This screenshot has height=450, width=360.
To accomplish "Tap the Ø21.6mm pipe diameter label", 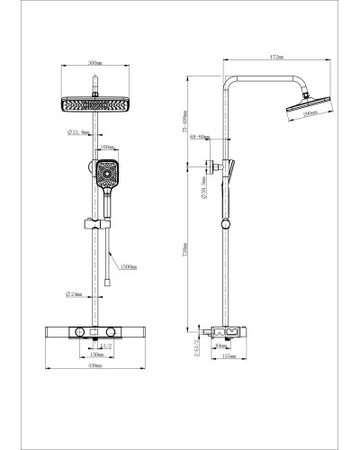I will click(77, 132).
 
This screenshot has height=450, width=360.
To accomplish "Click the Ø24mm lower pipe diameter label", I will click(76, 294).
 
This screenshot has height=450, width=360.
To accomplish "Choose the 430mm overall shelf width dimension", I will click(94, 367).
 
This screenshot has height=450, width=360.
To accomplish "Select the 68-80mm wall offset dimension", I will click(199, 138).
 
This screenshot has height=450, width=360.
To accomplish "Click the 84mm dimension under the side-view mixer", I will click(221, 345).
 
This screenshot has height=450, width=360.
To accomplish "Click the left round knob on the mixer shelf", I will click(81, 332).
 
